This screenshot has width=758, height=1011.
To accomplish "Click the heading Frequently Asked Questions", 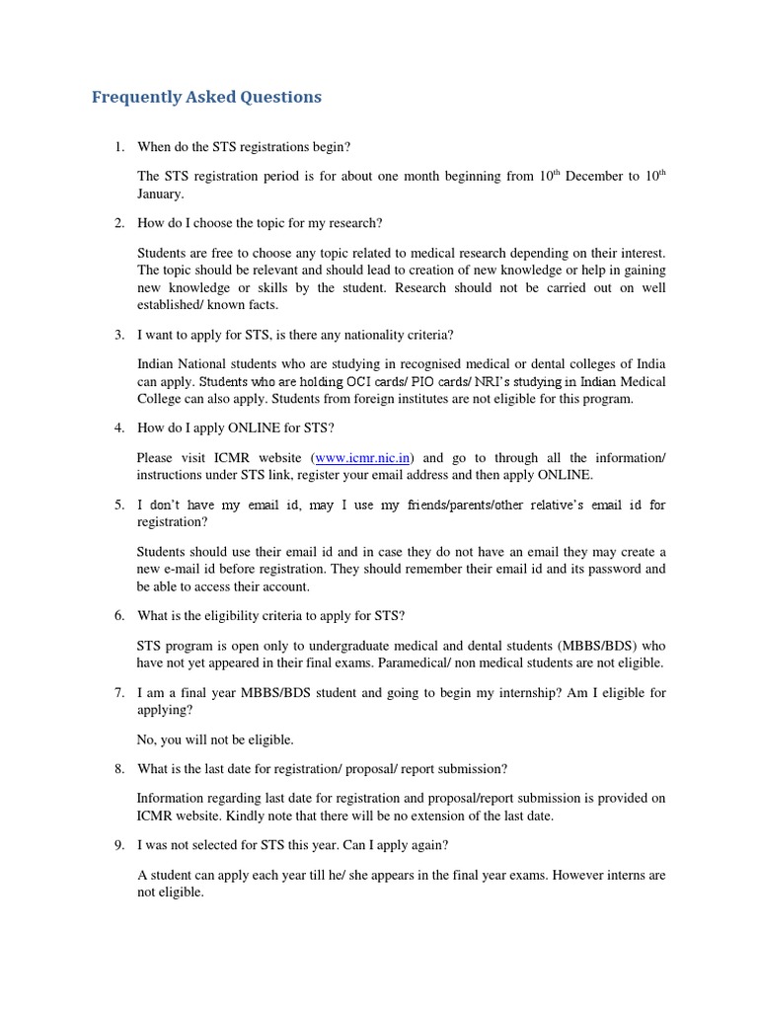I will pos(206,97).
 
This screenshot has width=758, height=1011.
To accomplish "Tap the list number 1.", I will pos(118,147).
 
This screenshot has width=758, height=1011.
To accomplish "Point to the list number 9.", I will pos(118,845).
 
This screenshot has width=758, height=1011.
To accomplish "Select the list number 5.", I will pos(118,505).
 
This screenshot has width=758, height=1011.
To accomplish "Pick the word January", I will pos(161,194).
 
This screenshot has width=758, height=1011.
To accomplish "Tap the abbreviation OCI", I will pos(320,382).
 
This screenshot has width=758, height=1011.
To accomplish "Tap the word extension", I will pos(439,816).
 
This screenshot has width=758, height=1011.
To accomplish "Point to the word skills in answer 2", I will pos(272,288).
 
